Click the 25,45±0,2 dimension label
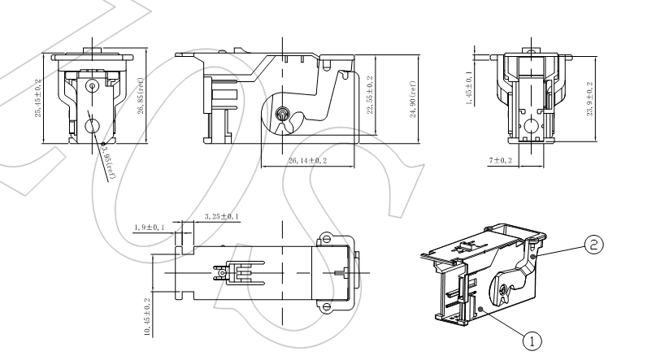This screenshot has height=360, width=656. tap(40, 98)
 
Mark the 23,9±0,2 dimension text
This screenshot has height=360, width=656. tap(589, 98)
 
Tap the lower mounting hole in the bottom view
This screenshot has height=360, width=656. tap(326, 306)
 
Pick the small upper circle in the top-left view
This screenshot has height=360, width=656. tap(93, 85)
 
